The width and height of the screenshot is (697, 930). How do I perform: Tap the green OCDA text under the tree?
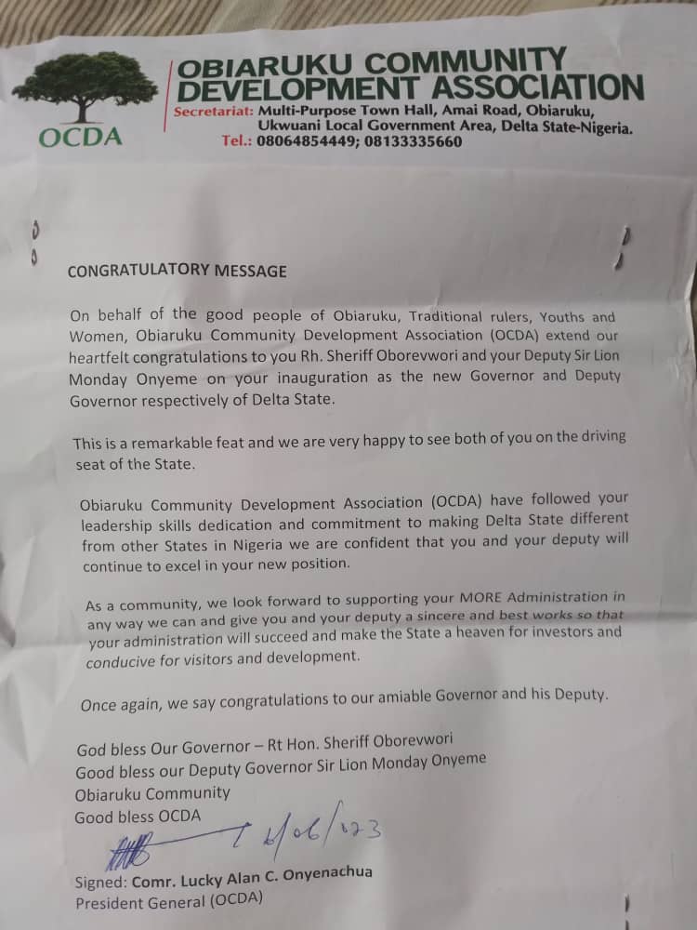[81, 138]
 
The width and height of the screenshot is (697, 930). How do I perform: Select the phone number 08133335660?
[415, 142]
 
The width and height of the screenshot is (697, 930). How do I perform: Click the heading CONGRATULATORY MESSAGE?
[178, 271]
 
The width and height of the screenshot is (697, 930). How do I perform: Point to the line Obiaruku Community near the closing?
[152, 793]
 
